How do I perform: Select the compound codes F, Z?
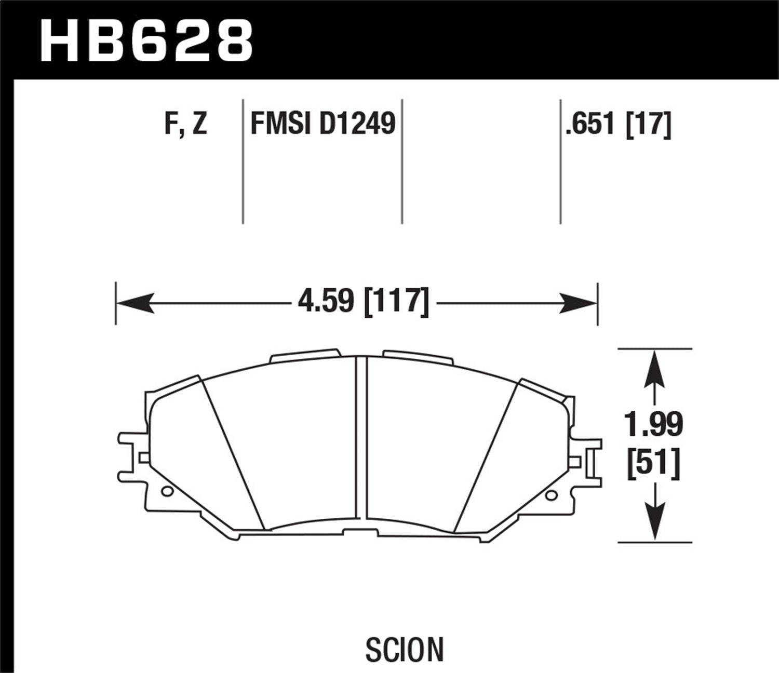[x=186, y=124]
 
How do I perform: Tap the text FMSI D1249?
[x=323, y=124]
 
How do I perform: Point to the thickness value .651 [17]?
[x=618, y=125]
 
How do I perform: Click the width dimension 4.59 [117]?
[x=364, y=302]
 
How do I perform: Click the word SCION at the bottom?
[x=405, y=649]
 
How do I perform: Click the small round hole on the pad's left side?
[x=166, y=491]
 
